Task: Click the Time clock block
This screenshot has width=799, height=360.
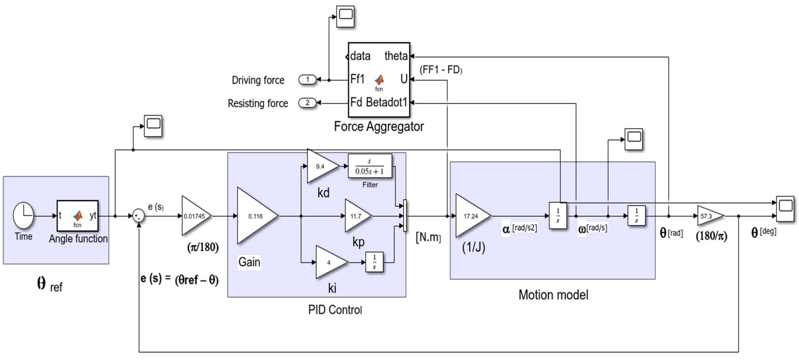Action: [23, 216]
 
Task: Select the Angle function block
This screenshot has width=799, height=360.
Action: [77, 216]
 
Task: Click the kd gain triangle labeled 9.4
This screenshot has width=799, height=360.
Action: [321, 166]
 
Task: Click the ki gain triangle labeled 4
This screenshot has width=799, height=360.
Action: [330, 262]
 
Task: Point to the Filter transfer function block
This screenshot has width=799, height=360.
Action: [370, 166]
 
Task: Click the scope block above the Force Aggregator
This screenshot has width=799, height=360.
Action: [345, 16]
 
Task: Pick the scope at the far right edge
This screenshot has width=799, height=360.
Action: [785, 208]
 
